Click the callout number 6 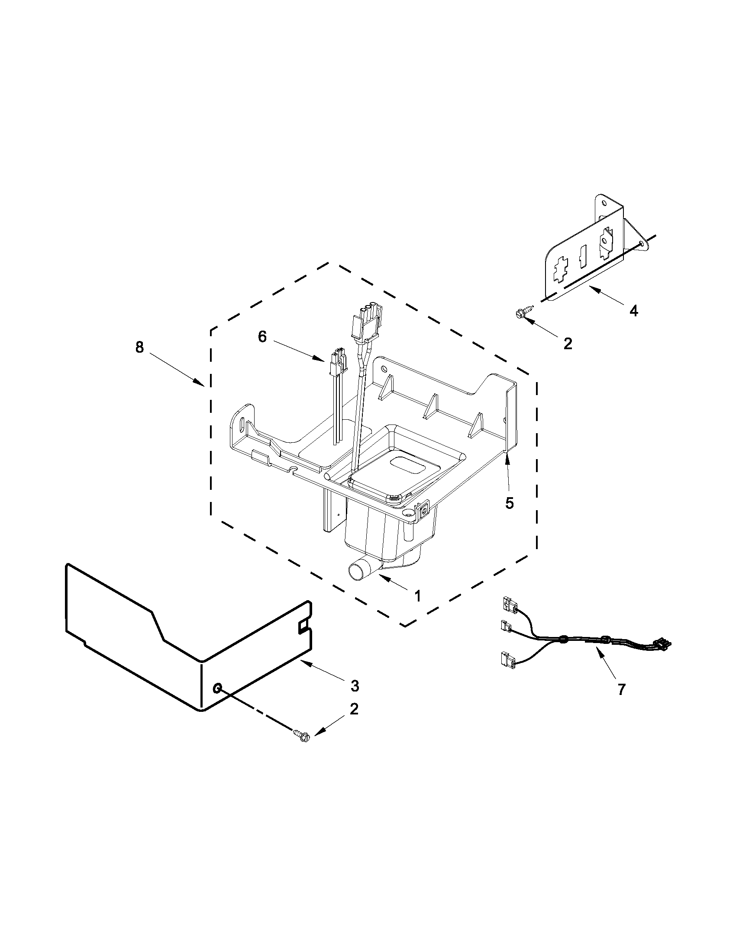(262, 337)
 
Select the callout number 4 (633, 311)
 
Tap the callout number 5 (509, 503)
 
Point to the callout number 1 (417, 596)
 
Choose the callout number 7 (621, 689)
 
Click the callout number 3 (355, 686)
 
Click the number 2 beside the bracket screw (567, 344)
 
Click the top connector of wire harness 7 (510, 605)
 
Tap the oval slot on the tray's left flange (241, 423)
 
